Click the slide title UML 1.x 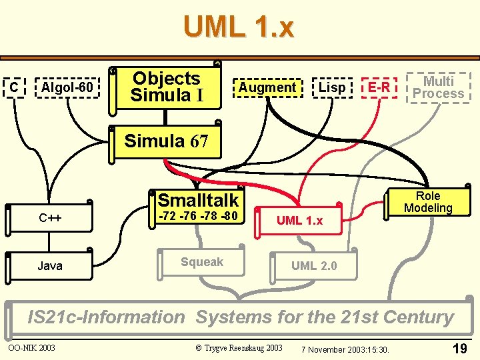[238, 28]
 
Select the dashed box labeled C [14, 87]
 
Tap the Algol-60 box [67, 87]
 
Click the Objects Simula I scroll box [167, 87]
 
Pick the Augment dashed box [267, 87]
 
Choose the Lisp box [332, 87]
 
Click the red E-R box [379, 87]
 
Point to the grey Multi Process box [438, 87]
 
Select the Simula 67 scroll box [167, 141]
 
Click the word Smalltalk [198, 199]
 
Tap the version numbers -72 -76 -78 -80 [197, 216]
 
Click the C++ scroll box [50, 217]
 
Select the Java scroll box [50, 266]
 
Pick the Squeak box [202, 262]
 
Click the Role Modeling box [427, 202]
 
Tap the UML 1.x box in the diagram [299, 221]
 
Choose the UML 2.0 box [314, 266]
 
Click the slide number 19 [459, 348]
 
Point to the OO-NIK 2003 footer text [31, 347]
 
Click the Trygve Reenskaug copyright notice [239, 347]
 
